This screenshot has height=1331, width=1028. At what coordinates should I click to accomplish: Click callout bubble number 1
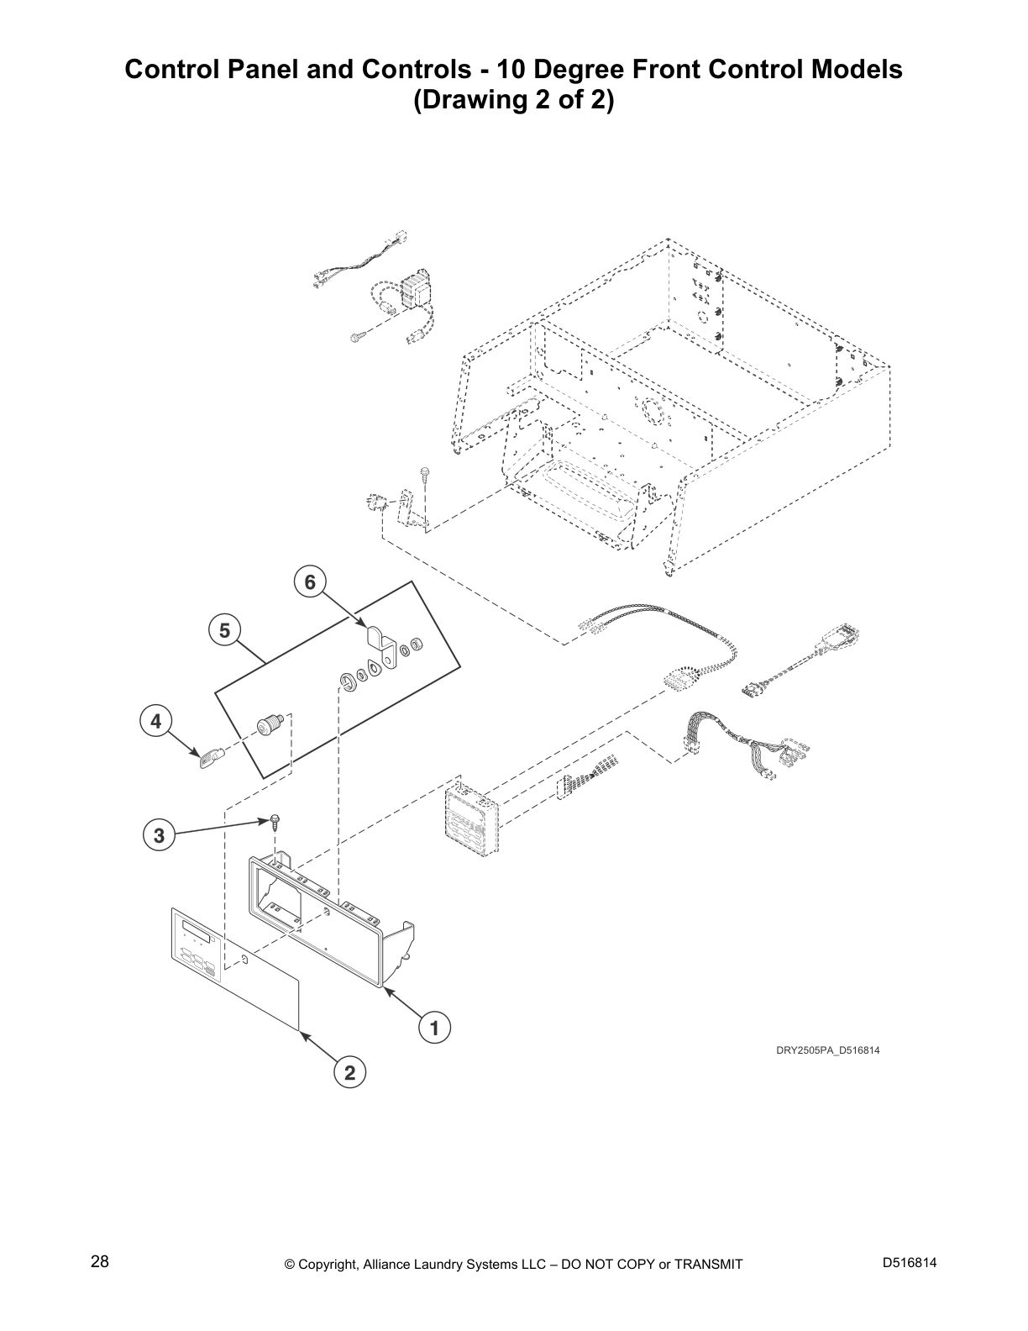pyautogui.click(x=434, y=1027)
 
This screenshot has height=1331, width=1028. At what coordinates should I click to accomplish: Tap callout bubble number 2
pyautogui.click(x=349, y=1072)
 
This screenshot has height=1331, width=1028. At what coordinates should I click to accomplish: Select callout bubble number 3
pyautogui.click(x=159, y=835)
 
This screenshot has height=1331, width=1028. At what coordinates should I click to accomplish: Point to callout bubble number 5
pyautogui.click(x=224, y=629)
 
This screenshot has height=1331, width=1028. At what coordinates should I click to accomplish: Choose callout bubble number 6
pyautogui.click(x=310, y=581)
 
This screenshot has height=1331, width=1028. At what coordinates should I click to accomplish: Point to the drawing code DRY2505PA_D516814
pyautogui.click(x=827, y=1050)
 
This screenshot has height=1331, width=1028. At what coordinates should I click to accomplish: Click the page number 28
pyautogui.click(x=100, y=1262)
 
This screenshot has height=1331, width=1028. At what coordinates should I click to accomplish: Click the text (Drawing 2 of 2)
pyautogui.click(x=513, y=100)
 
